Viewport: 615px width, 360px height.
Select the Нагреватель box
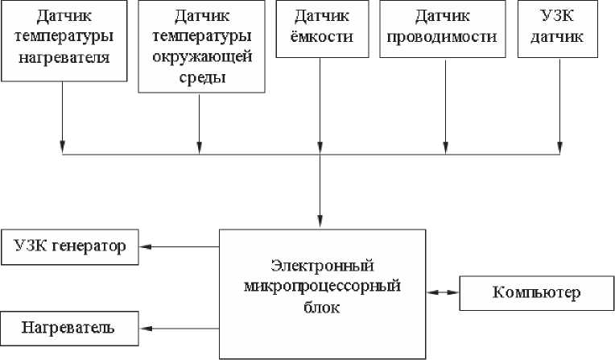(x=70, y=328)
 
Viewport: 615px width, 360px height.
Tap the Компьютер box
(x=535, y=292)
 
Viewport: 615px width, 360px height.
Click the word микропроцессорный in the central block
(x=322, y=286)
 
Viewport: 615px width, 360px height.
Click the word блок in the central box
(x=322, y=307)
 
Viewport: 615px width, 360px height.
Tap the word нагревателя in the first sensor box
(x=64, y=58)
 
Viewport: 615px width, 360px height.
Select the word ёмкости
(x=320, y=36)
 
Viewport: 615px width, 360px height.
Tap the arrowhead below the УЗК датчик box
(x=561, y=147)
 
